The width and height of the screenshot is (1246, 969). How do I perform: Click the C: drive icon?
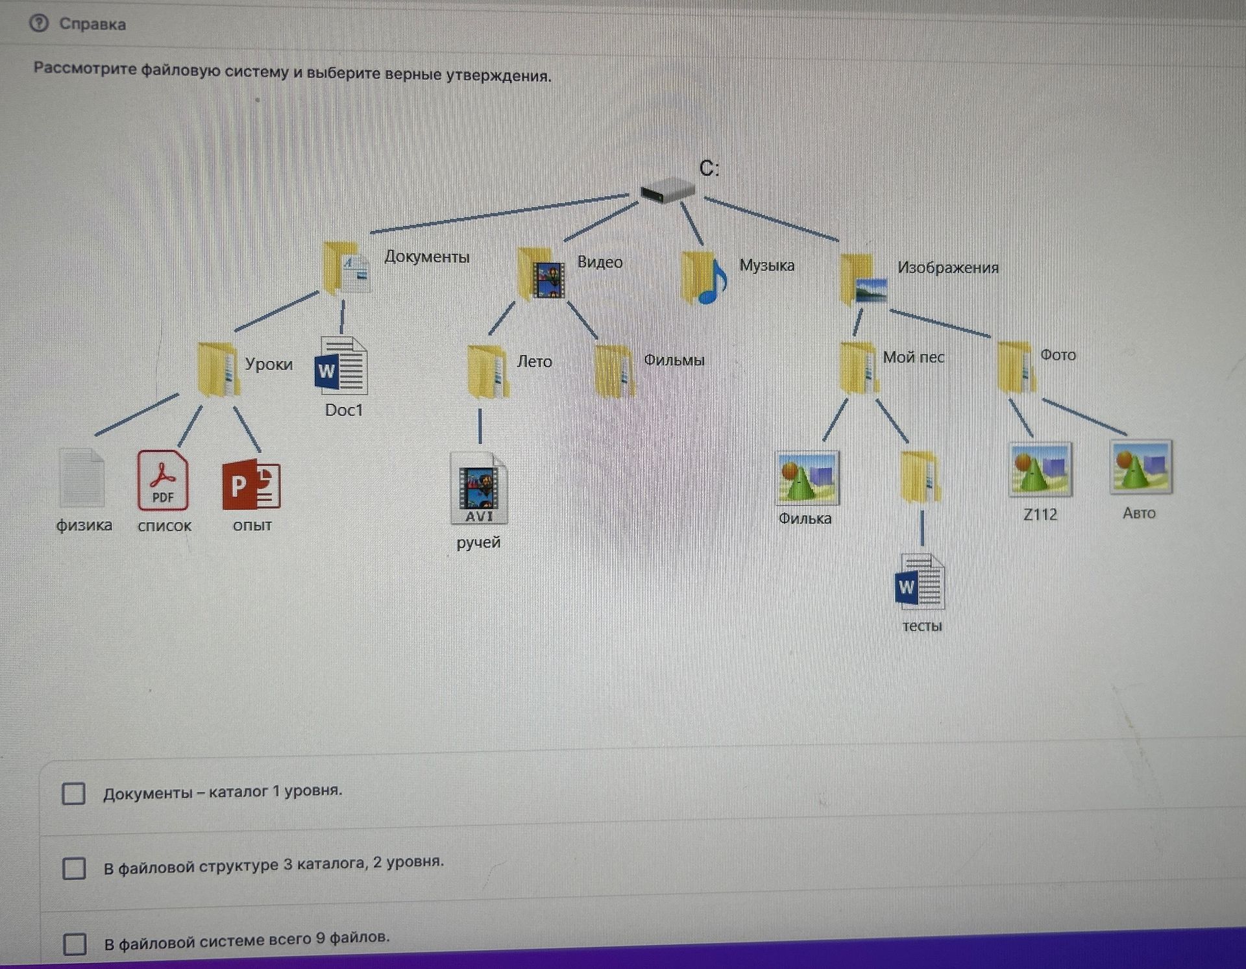pyautogui.click(x=667, y=190)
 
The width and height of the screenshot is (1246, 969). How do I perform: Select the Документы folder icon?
pyautogui.click(x=347, y=267)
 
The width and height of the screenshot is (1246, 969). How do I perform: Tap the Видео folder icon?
pyautogui.click(x=541, y=273)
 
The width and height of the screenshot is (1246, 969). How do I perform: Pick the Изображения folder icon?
pyautogui.click(x=863, y=280)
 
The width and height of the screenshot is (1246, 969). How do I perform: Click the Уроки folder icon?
pyautogui.click(x=218, y=369)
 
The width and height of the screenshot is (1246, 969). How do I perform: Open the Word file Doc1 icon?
pyautogui.click(x=341, y=365)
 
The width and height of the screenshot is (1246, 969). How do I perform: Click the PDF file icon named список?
pyautogui.click(x=163, y=481)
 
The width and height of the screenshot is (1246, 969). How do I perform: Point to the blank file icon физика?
pyautogui.click(x=82, y=478)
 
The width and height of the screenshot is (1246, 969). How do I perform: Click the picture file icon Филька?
pyautogui.click(x=807, y=478)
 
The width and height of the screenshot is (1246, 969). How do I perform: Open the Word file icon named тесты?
pyautogui.click(x=920, y=582)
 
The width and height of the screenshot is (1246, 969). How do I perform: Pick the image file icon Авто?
pyautogui.click(x=1141, y=467)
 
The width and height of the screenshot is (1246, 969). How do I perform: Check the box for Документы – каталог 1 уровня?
pyautogui.click(x=73, y=793)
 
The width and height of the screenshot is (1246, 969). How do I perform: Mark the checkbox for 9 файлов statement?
pyautogui.click(x=75, y=944)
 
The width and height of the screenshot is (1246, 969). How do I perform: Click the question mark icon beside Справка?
pyautogui.click(x=39, y=23)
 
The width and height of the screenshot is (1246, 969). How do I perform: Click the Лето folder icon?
pyautogui.click(x=488, y=373)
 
